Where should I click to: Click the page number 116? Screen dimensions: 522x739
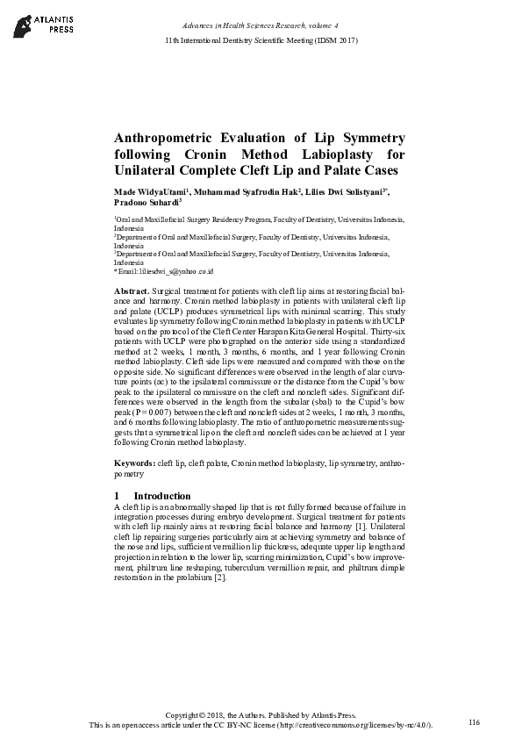coord(474,721)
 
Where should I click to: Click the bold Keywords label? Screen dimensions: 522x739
coord(135,462)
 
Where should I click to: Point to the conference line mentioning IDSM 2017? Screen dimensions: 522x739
coord(261,41)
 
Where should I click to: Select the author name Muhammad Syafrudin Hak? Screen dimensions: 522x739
coord(247,190)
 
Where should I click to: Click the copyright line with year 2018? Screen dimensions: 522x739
coord(261,716)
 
